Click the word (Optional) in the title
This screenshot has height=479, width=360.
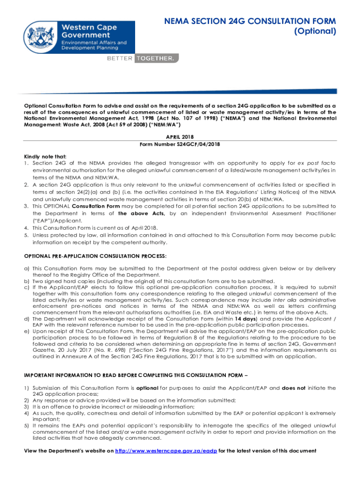(316, 32)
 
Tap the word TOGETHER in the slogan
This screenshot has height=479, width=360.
(157, 58)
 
